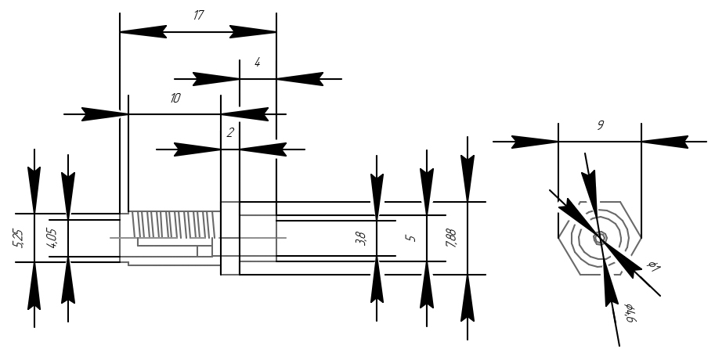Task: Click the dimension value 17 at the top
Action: (x=198, y=15)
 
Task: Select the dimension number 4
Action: (x=257, y=63)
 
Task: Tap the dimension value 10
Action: (x=175, y=99)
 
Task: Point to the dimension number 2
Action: (x=230, y=133)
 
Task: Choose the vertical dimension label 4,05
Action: (x=52, y=238)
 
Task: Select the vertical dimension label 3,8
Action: (x=361, y=238)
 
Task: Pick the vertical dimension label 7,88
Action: (x=451, y=238)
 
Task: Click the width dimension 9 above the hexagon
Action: (x=600, y=125)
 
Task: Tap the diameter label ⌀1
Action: (x=653, y=267)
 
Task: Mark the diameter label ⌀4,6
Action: (x=628, y=312)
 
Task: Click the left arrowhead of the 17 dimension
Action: (x=143, y=32)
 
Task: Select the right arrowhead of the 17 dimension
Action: (x=253, y=32)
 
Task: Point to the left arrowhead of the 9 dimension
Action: (x=535, y=142)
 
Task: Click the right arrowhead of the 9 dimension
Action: (x=664, y=142)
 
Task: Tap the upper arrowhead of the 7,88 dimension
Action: (x=468, y=178)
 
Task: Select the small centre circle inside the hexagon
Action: (x=600, y=238)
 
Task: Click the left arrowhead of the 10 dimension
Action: (x=105, y=114)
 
